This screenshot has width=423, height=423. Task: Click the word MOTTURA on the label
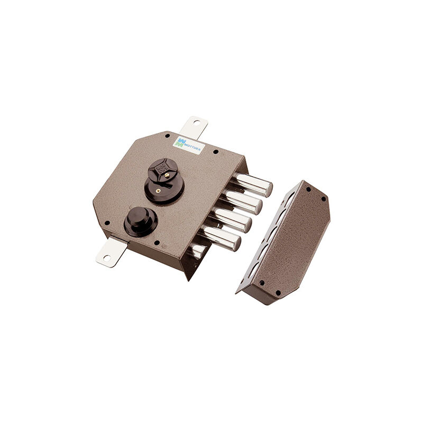click(192, 146)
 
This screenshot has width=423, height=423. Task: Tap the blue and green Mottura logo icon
click(179, 142)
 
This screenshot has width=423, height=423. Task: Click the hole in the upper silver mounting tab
click(196, 124)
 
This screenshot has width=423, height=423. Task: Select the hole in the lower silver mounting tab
click(107, 258)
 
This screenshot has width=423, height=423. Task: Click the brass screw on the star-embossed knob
click(167, 175)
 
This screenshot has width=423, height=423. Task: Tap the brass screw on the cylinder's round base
click(158, 191)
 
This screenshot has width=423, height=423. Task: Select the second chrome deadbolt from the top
click(242, 201)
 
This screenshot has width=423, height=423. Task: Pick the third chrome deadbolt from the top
click(232, 219)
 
